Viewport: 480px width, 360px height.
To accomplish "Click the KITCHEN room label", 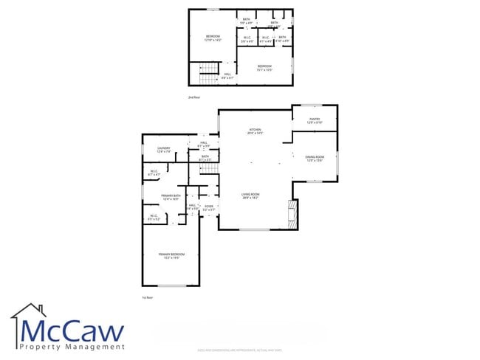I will (255, 131).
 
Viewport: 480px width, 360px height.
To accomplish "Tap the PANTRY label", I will (314, 120).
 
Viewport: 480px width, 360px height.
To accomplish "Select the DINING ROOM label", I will (315, 158).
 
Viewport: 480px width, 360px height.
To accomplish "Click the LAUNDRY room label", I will (163, 150).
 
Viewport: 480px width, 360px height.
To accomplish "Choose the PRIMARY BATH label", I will (171, 198).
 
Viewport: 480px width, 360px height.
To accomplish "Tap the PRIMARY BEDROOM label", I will (171, 255).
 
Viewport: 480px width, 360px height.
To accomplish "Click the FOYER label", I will (209, 207).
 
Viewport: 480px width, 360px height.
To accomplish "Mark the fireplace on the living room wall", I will (293, 214).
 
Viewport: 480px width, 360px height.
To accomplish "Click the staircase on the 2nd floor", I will (209, 72).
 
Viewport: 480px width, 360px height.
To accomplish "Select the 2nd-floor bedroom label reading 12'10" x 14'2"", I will (213, 37).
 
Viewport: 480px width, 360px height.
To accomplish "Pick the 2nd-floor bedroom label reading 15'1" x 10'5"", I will (264, 68).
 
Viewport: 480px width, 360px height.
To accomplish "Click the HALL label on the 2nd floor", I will (228, 75).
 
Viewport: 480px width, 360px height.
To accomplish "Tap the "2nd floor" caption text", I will (194, 97).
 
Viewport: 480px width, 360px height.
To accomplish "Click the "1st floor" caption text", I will (147, 297).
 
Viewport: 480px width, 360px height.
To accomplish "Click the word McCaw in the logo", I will (72, 329).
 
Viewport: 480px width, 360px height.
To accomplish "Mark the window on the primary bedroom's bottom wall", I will (171, 285).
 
